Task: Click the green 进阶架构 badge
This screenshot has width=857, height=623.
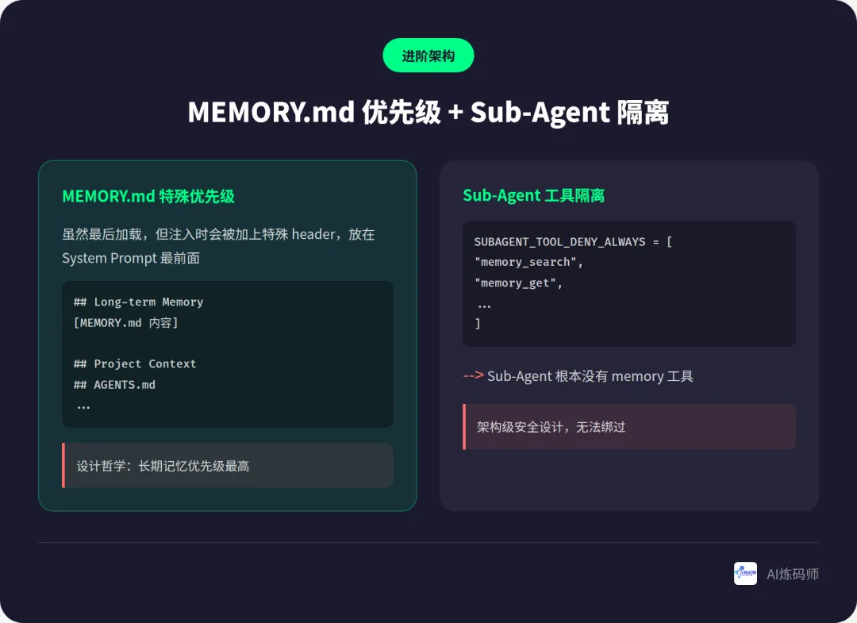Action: coord(428,56)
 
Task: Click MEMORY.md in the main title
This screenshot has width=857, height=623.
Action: coord(271,113)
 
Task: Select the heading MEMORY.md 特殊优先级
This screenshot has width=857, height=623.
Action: coord(148,196)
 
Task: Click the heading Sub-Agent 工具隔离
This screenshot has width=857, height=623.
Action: coord(533,195)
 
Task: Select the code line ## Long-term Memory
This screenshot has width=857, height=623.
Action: coord(138,302)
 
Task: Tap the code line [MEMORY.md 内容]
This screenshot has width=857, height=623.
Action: coord(126,322)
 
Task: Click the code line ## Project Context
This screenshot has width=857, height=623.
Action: coord(135,363)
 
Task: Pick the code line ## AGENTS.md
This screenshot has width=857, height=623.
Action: coord(114,384)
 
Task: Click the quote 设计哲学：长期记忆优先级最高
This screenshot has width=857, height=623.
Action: coord(163,466)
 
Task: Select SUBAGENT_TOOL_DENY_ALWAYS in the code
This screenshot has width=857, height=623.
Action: coord(559,241)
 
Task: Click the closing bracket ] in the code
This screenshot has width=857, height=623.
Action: coord(478,323)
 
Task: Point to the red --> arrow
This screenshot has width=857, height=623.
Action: coord(473,375)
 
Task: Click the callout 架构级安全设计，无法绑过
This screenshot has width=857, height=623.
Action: coord(551,427)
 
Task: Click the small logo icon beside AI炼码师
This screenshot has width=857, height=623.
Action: coord(745,573)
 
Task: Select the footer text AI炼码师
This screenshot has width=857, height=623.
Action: coord(792,574)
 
